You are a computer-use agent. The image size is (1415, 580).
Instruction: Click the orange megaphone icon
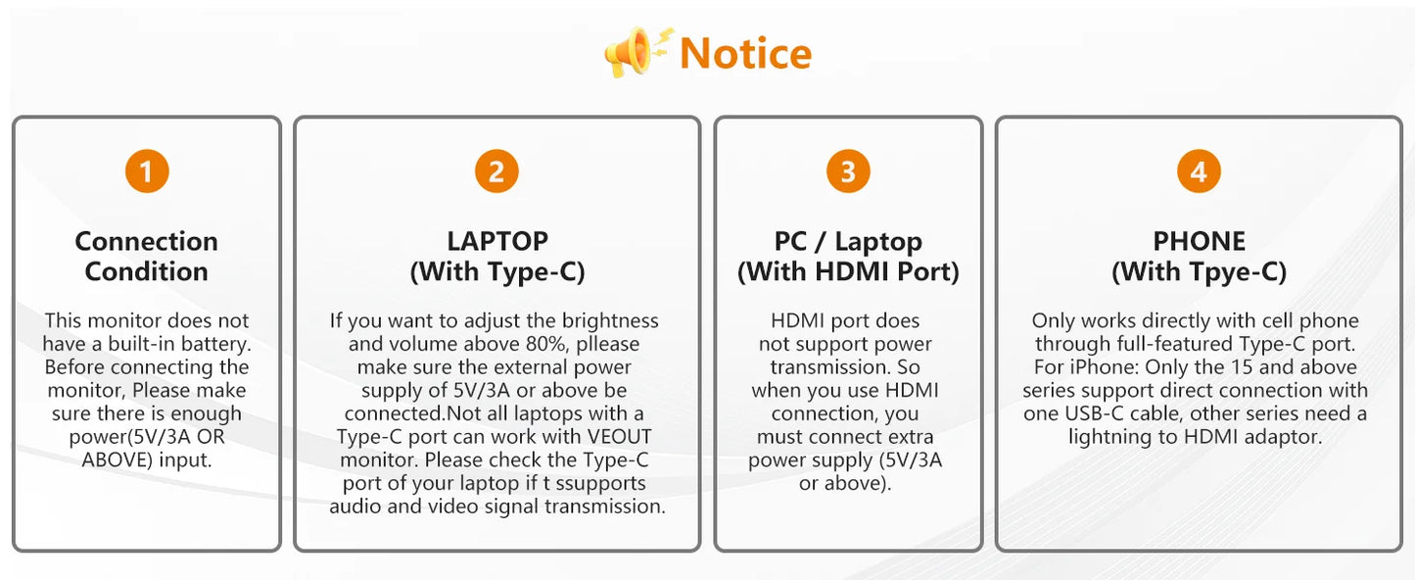coord(635,52)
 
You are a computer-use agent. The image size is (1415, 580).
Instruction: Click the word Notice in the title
coord(745,54)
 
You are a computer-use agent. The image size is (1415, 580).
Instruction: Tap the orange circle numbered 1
coord(147,171)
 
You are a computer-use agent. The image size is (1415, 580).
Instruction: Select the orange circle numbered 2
coord(496,171)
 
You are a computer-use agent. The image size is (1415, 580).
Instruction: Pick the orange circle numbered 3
coord(848,171)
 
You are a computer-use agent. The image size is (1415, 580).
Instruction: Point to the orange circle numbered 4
coord(1199,171)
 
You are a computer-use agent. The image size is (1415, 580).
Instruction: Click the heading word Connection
coord(147,241)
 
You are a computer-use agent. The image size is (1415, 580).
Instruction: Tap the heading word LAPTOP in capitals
coord(497,241)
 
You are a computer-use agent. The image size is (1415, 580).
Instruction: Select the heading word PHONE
coord(1199,241)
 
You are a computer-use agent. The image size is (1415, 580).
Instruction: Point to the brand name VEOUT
coord(620,437)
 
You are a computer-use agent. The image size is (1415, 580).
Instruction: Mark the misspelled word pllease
coord(608,344)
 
